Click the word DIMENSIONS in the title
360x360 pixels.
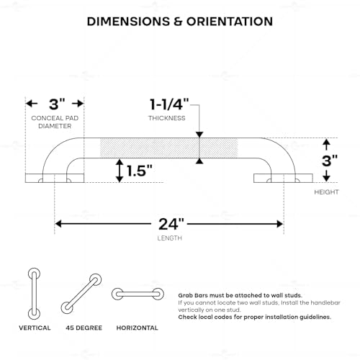click(128, 22)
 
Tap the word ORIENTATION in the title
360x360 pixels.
click(230, 22)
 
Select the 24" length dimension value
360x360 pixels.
click(171, 225)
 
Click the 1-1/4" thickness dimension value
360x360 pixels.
click(169, 104)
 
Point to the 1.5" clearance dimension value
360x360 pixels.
click(140, 171)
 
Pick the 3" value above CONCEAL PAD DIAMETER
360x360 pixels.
click(57, 104)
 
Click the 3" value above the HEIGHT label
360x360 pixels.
click(330, 161)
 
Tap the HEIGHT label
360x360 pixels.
click(326, 192)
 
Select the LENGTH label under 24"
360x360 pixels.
click(170, 238)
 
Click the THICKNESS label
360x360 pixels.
click(167, 118)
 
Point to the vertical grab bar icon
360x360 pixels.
click(34, 294)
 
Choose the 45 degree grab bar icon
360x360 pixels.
click(81, 294)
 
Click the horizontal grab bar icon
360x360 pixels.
click(138, 294)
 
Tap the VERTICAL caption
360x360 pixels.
click(35, 328)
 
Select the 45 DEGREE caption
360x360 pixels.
click(84, 328)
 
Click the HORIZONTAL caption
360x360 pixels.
click(138, 328)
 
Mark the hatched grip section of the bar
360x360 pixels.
click(168, 148)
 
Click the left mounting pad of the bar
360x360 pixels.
click(55, 178)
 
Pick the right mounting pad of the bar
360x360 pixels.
click(283, 178)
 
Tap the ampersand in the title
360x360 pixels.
click(178, 22)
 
